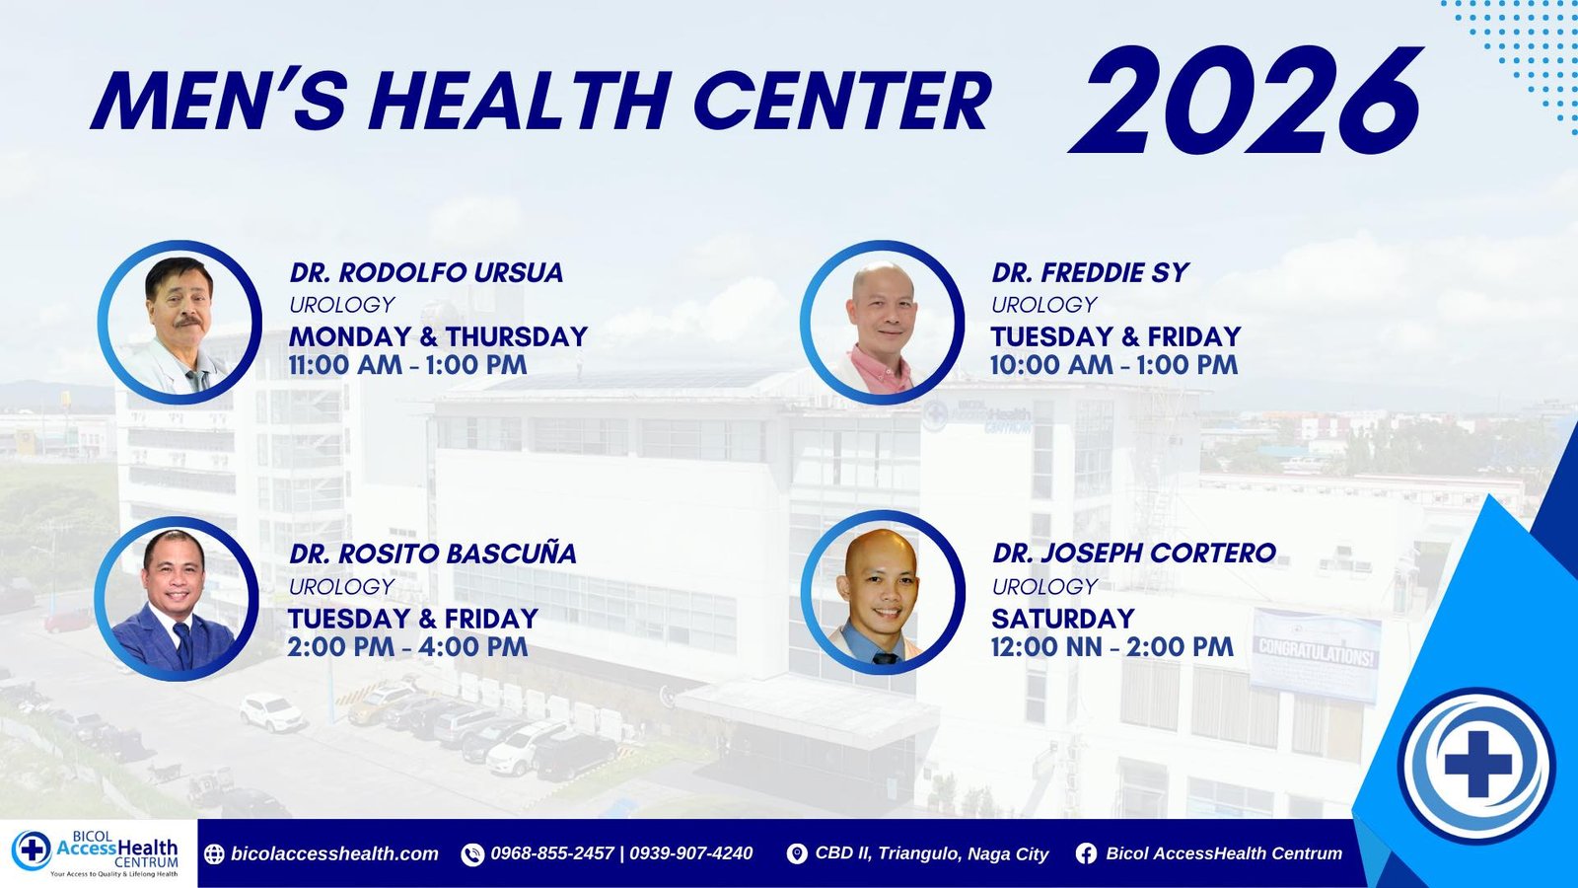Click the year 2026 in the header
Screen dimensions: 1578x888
[1246, 100]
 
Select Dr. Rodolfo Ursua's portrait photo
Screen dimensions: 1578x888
[179, 323]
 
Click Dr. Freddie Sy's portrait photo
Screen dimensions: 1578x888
[882, 323]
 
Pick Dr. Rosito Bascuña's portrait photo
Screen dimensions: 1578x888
[177, 598]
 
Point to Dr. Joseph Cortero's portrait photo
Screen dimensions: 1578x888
[883, 593]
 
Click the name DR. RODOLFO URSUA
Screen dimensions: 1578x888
[426, 272]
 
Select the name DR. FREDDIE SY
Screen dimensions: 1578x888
[1090, 272]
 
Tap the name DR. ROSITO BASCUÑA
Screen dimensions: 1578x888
[433, 554]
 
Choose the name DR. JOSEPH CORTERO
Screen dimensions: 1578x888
[1134, 554]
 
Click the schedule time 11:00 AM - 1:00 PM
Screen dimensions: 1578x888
[408, 365]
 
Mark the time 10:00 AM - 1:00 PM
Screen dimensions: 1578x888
[1113, 365]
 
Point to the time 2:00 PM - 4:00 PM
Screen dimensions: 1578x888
[407, 646]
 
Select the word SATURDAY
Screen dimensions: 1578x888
[1063, 619]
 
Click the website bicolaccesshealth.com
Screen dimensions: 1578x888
[334, 854]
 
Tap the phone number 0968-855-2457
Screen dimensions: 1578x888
[552, 853]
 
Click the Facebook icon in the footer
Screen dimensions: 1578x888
[1086, 854]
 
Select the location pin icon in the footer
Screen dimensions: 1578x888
[797, 854]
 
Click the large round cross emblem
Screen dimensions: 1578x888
[1477, 766]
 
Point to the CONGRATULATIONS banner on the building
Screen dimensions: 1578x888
[1316, 654]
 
